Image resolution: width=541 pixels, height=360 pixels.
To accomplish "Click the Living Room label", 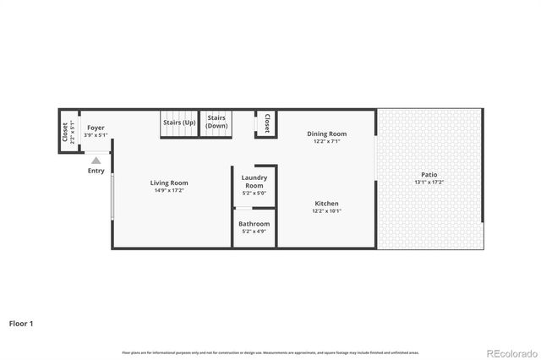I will pos(169,183).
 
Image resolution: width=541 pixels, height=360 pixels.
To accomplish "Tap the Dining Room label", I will pos(326,134).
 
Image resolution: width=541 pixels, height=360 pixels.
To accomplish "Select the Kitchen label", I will pos(326,204).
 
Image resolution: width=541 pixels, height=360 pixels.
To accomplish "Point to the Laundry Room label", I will pos(254,181).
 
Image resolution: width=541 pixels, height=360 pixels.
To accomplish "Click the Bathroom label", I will pos(254,223).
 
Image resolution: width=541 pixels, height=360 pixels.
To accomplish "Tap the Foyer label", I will pos(96,128).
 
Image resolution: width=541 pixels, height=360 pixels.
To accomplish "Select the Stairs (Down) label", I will pos(217,122).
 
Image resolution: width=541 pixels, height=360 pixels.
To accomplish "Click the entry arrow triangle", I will pos(96,160).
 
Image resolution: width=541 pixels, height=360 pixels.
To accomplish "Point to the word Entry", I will pos(96,171).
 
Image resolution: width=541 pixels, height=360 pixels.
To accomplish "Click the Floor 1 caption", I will pos(21,323).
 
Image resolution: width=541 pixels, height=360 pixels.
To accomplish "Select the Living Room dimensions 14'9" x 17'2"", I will pos(169,190).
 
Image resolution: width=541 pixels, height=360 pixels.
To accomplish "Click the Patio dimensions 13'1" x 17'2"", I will pos(429,183).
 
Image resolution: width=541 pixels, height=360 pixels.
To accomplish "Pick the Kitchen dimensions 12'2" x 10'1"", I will pos(326,211).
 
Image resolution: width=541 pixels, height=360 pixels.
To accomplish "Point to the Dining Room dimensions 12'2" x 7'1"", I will pos(326,141).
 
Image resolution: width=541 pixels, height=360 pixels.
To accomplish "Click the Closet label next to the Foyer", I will pos(65,132).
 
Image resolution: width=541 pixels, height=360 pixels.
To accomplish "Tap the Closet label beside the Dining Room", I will pos(267,123).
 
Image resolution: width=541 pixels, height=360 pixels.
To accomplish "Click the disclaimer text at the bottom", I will pos(270,352).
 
